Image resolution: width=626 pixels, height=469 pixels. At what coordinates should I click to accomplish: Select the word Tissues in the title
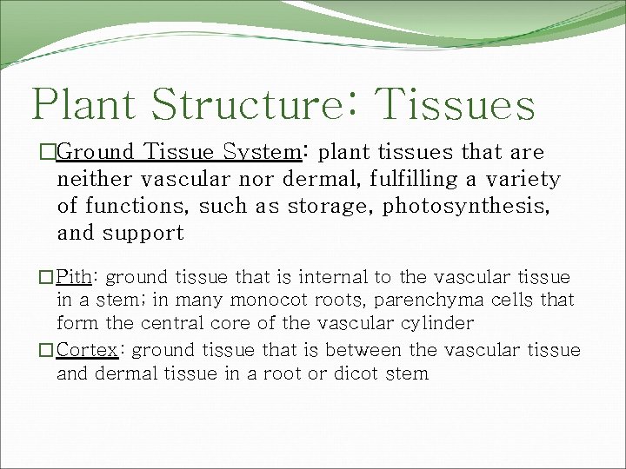coord(456,105)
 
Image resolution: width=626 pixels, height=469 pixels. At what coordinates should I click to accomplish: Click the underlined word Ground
coord(96,153)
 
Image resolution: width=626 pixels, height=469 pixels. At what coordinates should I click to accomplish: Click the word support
coord(146,234)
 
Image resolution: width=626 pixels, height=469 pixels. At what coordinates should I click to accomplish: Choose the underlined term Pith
coord(75,277)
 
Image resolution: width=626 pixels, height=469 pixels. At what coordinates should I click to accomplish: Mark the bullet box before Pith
coord(46,278)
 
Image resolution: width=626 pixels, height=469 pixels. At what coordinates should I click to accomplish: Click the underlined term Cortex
coord(87,350)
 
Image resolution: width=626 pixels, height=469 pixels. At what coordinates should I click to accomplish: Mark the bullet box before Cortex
coord(46,351)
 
